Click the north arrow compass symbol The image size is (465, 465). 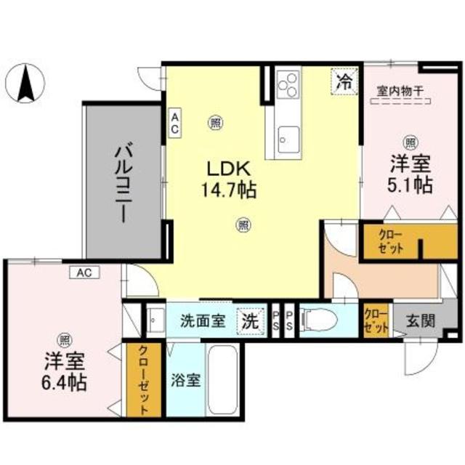coord(28,82)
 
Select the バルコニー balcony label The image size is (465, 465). coord(122,182)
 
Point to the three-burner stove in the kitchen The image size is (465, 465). coord(288,83)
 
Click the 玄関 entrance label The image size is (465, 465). coord(421,320)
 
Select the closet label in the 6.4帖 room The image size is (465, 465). coord(142,379)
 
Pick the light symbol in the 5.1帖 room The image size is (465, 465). coord(411,142)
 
